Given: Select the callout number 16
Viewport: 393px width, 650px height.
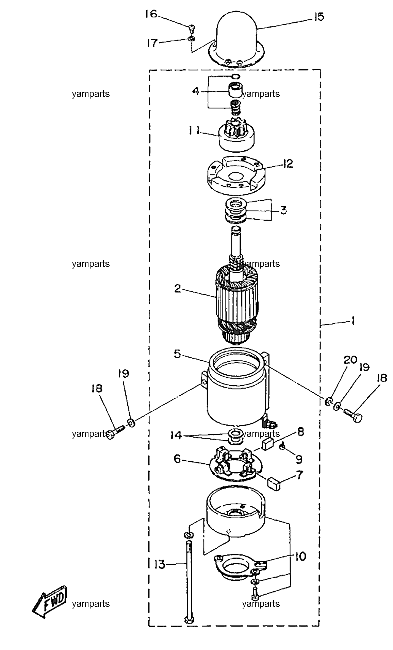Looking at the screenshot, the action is [151, 15].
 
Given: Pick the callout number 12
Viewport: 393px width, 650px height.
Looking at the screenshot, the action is [287, 164].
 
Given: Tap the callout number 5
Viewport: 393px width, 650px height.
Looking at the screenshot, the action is [177, 354].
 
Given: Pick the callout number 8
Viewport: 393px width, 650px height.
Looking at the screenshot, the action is [300, 432].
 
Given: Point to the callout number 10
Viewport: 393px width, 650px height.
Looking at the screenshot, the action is [300, 557].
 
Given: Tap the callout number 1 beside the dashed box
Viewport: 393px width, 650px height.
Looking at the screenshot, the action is [353, 321].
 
